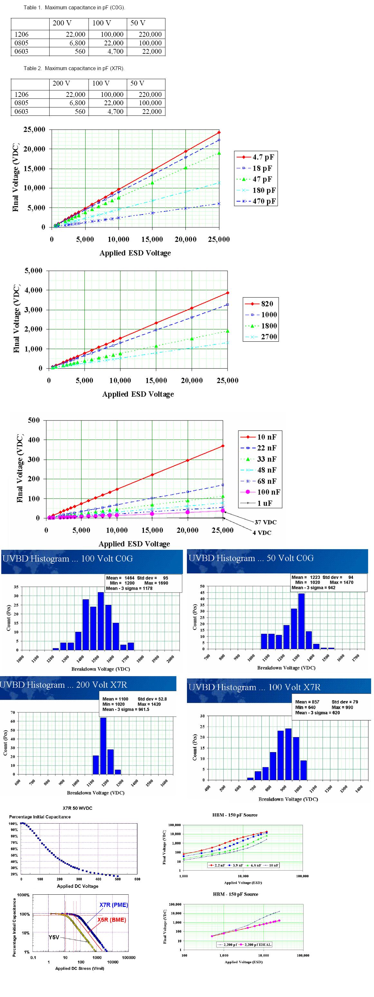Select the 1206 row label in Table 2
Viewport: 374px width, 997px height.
coord(22,95)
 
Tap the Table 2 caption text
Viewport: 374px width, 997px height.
coord(74,69)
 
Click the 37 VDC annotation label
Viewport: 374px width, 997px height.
coord(265,522)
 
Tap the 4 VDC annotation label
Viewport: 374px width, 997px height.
coord(262,532)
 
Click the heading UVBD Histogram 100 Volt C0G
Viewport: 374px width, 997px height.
coord(68,559)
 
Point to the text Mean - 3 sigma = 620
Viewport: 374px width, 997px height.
coord(317,713)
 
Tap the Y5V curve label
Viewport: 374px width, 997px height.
coord(54,937)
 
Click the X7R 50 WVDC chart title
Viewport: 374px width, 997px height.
coord(78,808)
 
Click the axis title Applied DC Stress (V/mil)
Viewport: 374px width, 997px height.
coord(79,968)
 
